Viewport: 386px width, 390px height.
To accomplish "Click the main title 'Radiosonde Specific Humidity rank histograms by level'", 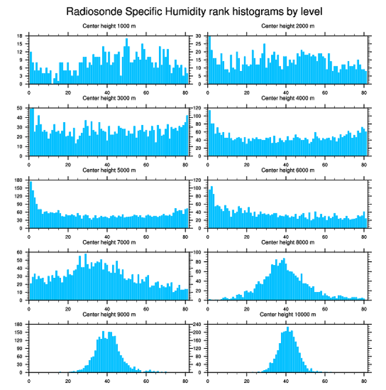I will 193,11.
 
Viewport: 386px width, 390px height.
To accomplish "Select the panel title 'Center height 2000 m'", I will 288,26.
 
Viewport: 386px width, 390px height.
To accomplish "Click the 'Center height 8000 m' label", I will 288,242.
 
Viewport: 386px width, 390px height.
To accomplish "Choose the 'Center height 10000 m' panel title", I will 288,314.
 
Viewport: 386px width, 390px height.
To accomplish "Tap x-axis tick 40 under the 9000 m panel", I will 107,380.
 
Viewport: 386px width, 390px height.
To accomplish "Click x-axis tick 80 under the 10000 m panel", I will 364,380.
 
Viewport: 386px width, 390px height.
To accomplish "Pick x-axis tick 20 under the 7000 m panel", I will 68,307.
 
